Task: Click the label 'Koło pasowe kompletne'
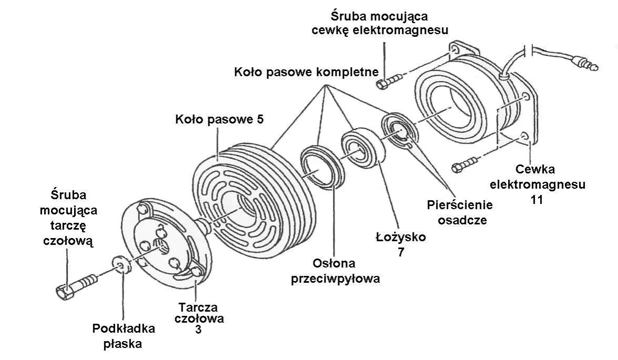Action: click(x=307, y=71)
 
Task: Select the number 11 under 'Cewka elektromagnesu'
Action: click(x=537, y=200)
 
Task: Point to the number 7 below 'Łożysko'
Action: click(x=401, y=252)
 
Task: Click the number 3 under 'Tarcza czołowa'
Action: click(x=198, y=330)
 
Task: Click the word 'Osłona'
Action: click(x=335, y=263)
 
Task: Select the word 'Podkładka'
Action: click(x=124, y=329)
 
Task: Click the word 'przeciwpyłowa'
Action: click(x=335, y=279)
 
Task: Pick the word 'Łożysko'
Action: click(x=401, y=237)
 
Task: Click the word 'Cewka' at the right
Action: click(x=535, y=169)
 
